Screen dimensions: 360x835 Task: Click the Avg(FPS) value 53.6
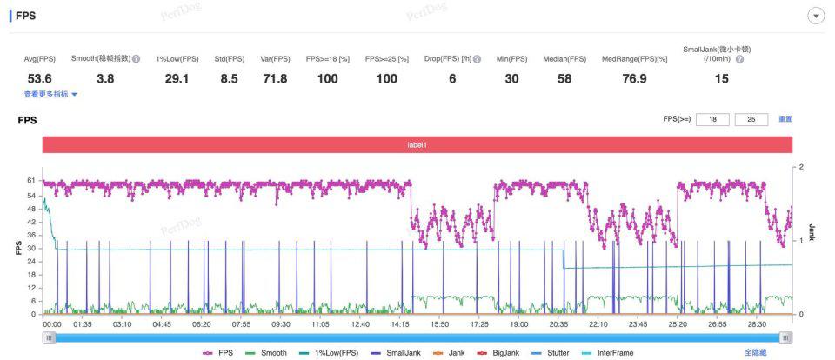click(40, 79)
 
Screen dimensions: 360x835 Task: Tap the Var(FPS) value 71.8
click(275, 79)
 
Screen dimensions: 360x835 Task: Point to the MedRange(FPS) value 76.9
click(636, 79)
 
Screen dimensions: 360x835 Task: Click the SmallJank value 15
click(721, 79)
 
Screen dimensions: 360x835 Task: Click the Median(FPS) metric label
click(564, 59)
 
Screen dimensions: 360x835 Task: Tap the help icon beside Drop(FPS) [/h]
click(477, 59)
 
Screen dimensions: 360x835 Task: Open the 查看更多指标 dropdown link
click(50, 94)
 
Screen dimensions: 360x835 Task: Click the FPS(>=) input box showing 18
click(713, 119)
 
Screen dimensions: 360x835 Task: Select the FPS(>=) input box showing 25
click(750, 119)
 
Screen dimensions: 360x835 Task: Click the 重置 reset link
click(785, 119)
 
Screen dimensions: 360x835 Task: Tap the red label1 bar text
click(417, 144)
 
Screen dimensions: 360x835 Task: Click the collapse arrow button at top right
click(816, 17)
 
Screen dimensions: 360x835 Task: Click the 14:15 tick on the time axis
click(399, 324)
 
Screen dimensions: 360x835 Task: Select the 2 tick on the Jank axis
click(801, 166)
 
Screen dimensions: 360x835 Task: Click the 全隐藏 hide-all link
click(755, 353)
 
